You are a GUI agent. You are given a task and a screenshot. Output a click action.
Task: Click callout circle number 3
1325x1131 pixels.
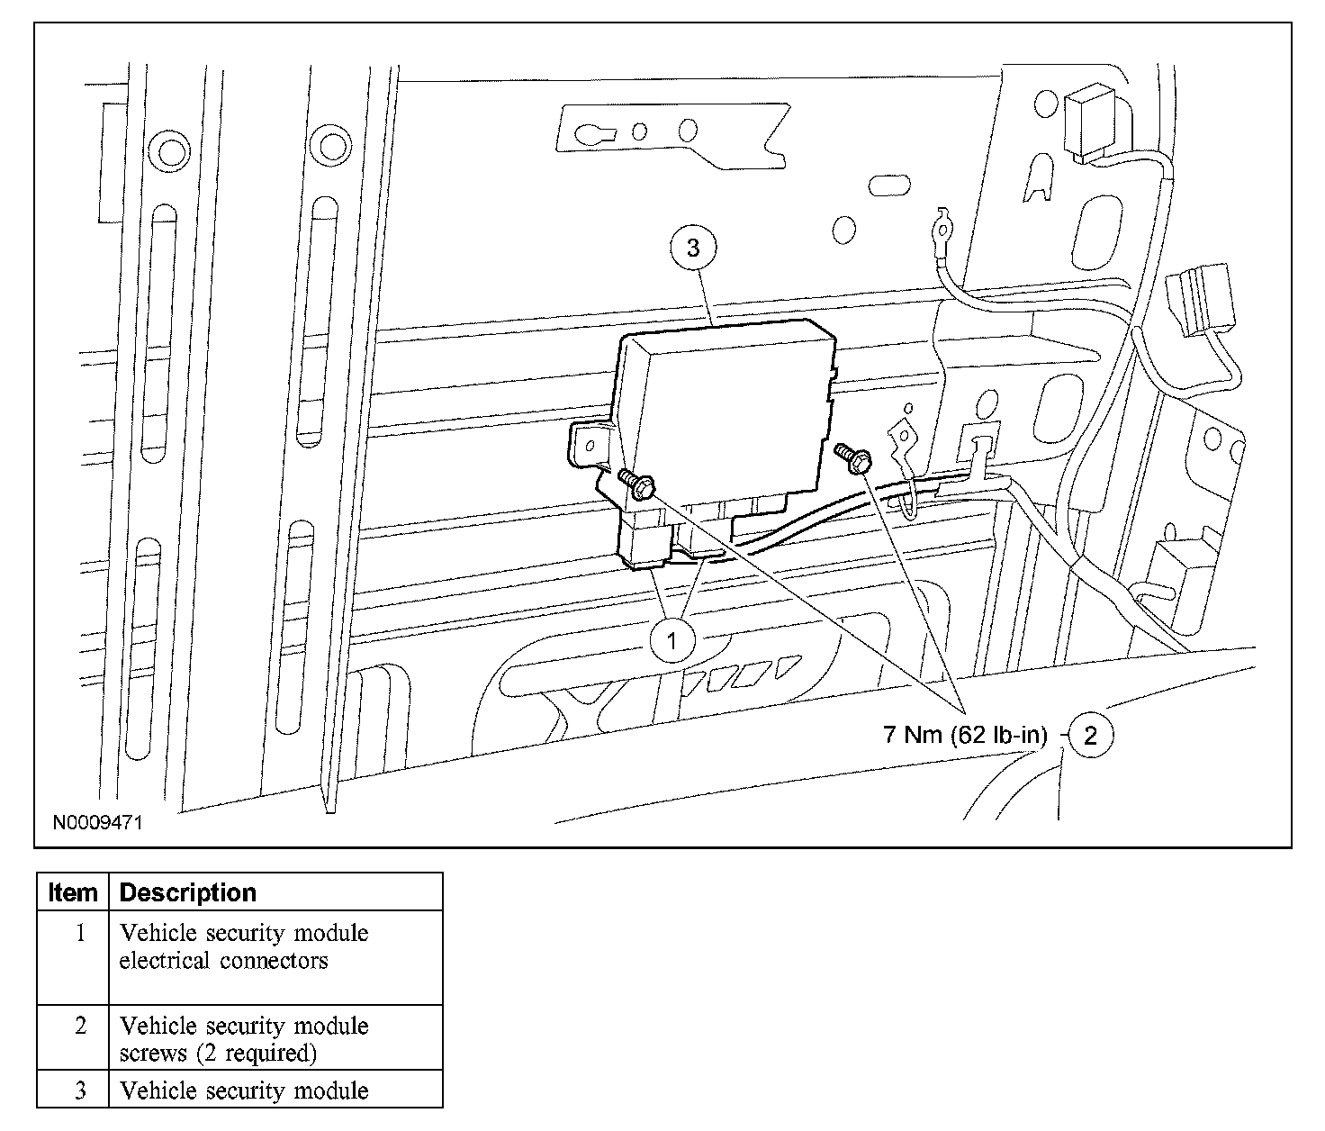tap(692, 248)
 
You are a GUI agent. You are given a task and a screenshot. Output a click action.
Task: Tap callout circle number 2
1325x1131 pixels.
tap(1091, 736)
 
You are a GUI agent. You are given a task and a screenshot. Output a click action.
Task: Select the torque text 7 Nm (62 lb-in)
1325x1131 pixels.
tap(966, 736)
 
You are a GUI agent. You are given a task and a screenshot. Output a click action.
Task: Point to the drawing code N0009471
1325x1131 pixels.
tap(97, 822)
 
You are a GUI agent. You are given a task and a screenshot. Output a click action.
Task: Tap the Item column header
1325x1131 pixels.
tap(73, 892)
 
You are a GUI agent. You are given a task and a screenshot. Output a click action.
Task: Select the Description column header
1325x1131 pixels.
tap(188, 892)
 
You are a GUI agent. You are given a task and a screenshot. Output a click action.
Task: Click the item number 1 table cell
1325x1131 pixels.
tap(80, 933)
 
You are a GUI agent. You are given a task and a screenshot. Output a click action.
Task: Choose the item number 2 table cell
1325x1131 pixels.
tap(80, 1026)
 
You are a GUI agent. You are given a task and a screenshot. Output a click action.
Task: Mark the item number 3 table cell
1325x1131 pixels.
tap(80, 1090)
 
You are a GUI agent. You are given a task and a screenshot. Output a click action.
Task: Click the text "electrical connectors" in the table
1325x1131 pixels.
tap(223, 961)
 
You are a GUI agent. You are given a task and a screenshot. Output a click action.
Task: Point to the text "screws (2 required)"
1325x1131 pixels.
tap(218, 1053)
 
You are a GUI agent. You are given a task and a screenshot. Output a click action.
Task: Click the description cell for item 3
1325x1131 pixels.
tap(244, 1090)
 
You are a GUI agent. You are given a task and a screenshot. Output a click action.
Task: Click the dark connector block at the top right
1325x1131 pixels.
tap(1087, 123)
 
